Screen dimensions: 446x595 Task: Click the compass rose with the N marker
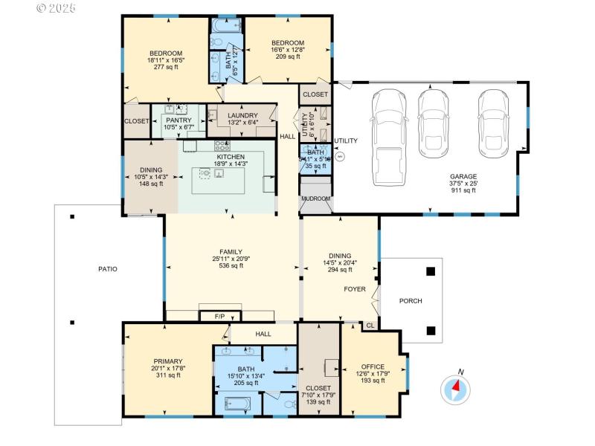click(456, 388)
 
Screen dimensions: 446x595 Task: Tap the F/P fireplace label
click(219, 317)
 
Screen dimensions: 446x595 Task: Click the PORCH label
click(411, 301)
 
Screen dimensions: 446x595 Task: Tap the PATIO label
click(106, 269)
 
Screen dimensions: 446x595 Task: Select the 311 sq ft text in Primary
click(169, 375)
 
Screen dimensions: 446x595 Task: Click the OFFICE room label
click(373, 366)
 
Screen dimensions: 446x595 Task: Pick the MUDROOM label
click(315, 199)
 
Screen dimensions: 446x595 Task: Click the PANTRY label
click(178, 120)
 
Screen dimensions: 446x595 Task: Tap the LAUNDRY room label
click(242, 115)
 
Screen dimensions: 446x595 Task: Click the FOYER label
click(354, 288)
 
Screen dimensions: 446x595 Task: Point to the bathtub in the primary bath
click(238, 404)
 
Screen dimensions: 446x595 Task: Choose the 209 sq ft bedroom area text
click(287, 56)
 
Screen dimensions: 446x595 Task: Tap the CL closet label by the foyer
click(370, 326)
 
